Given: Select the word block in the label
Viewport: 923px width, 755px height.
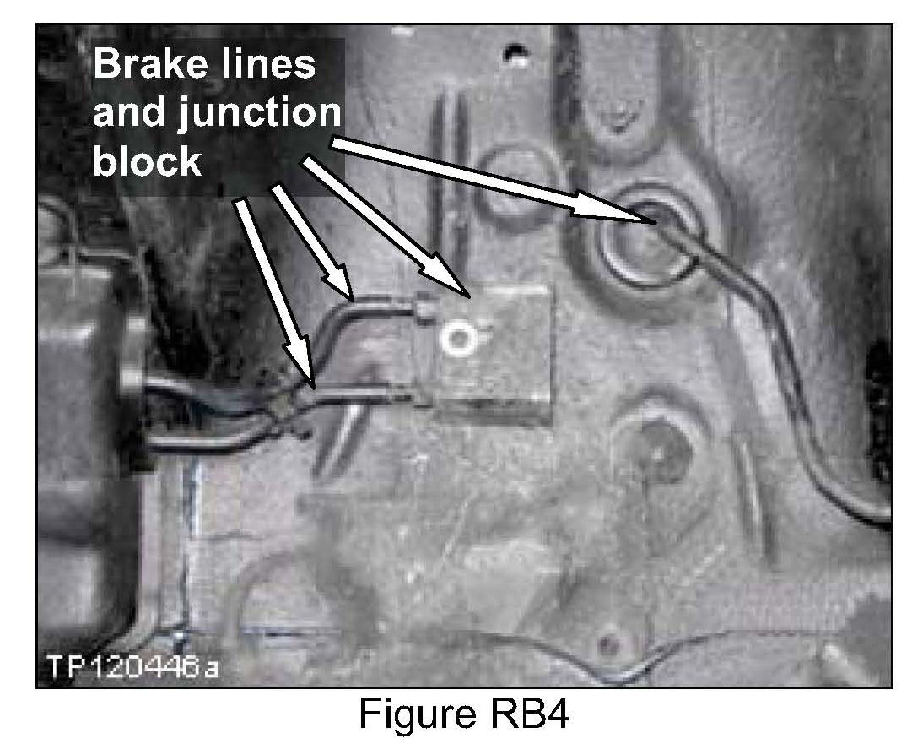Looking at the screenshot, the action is tap(146, 160).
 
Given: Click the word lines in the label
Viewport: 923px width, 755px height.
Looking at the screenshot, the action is tap(271, 65).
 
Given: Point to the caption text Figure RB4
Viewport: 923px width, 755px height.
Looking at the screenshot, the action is tap(463, 716).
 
